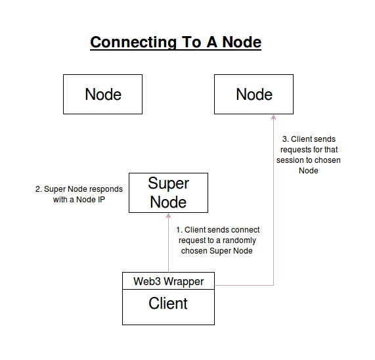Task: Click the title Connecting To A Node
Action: pos(175,43)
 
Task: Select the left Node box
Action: pos(102,94)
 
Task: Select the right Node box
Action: pos(254,94)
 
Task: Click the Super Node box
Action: pos(168,192)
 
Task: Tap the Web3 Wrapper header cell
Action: pos(168,281)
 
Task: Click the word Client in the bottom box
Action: pos(168,304)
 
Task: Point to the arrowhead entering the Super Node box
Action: pos(169,216)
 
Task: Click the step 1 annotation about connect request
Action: pos(217,240)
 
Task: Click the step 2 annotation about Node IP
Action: pos(79,194)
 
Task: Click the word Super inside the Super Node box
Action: pos(168,183)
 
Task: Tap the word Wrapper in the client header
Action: pos(183,281)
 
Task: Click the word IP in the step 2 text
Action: pos(100,200)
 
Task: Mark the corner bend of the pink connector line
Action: pos(273,285)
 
